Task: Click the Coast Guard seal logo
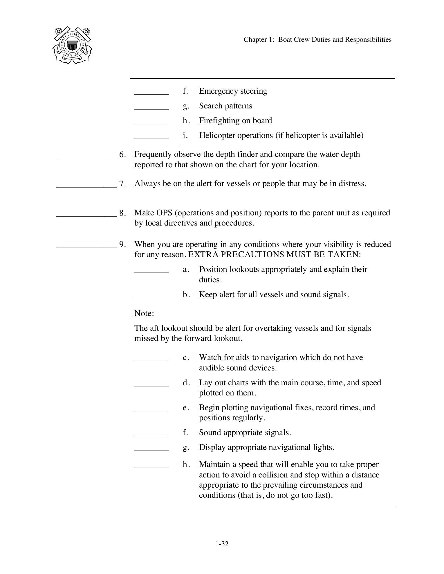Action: (x=72, y=45)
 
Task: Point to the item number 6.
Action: (x=122, y=155)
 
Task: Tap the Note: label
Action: (x=144, y=313)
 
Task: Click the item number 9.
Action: (x=122, y=244)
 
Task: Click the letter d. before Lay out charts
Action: (x=186, y=383)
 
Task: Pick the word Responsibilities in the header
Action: (x=368, y=40)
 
